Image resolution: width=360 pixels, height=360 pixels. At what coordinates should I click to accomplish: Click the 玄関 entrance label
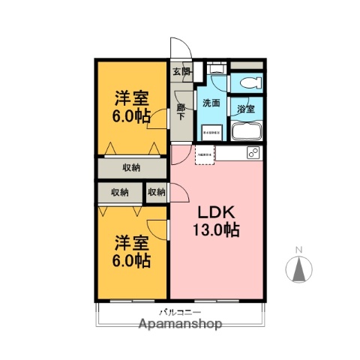pos(181,72)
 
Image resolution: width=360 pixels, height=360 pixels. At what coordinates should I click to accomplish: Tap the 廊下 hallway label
pos(181,112)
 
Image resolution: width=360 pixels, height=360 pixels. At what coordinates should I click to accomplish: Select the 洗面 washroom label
pos(211,103)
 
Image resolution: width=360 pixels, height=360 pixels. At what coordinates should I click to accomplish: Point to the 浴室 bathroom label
pos(246,108)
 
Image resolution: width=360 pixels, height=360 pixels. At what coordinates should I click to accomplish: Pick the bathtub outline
pos(246,132)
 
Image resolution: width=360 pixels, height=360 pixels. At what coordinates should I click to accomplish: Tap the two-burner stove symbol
pos(253,154)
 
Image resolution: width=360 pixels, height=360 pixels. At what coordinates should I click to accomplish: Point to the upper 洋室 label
pos(131,97)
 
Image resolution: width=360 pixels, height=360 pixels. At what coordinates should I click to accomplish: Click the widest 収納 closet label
pos(131,167)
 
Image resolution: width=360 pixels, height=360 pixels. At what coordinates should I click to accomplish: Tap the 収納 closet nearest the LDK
pos(156,193)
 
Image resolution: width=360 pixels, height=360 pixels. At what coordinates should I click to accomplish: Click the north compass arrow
pos(298,268)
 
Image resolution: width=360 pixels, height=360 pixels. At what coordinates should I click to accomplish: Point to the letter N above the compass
pos(298,249)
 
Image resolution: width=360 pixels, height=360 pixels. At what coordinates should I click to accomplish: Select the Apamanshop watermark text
pos(180,325)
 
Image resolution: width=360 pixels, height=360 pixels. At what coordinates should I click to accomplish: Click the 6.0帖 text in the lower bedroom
pos(131,261)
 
